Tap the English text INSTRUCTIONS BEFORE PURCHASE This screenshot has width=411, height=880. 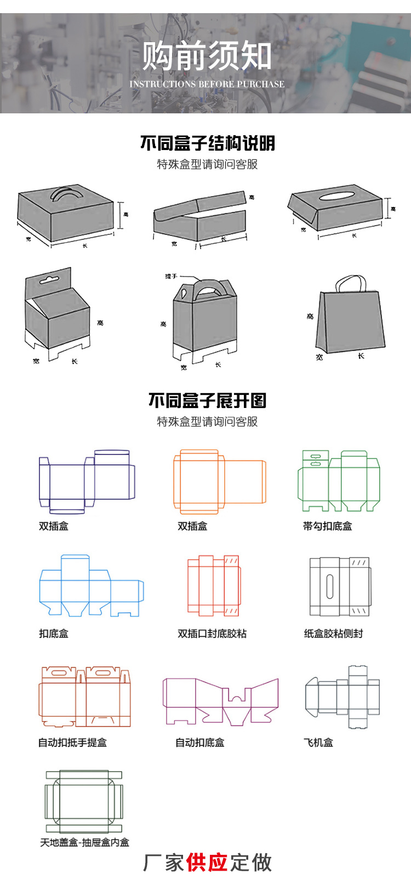[x=207, y=84]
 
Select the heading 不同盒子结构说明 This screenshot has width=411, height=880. [x=207, y=143]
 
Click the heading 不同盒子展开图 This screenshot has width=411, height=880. [x=207, y=400]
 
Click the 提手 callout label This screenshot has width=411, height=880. [x=171, y=277]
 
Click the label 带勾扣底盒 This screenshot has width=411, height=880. [x=327, y=526]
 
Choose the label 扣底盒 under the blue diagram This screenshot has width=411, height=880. [x=54, y=634]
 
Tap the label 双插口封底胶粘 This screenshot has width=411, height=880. [x=212, y=634]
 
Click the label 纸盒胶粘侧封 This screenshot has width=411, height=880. [x=333, y=634]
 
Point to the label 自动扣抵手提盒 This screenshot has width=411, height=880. [x=72, y=743]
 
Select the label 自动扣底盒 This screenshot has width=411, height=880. [x=199, y=743]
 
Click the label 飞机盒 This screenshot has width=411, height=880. [x=318, y=743]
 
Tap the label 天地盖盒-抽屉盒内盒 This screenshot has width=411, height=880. [x=84, y=842]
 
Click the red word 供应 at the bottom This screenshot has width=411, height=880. [x=207, y=862]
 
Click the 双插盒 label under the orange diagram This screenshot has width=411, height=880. [x=192, y=526]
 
